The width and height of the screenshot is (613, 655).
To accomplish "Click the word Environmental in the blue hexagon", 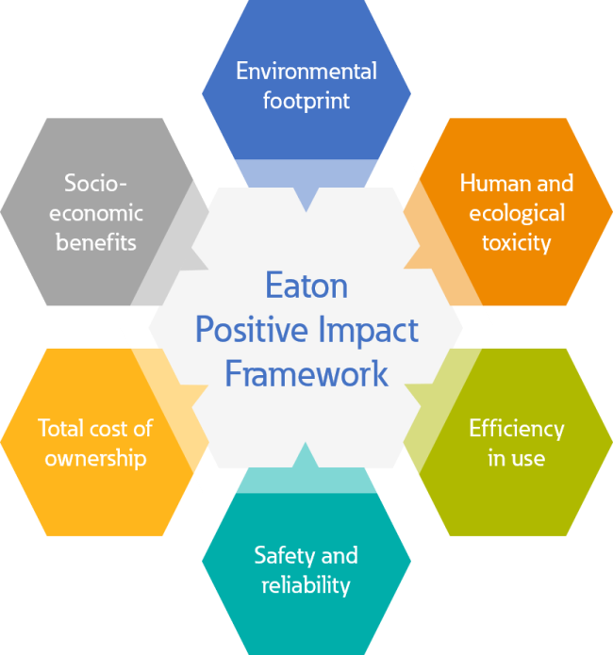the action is click(x=306, y=71).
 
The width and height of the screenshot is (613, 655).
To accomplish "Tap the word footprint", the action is click(x=306, y=102).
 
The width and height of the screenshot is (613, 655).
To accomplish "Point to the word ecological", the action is click(x=517, y=214).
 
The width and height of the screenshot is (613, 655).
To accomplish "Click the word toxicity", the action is click(x=517, y=243).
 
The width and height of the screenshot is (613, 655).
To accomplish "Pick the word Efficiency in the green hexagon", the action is click(x=517, y=429).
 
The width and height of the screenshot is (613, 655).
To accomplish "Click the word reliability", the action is click(x=306, y=585).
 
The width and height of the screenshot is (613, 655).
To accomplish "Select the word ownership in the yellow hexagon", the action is click(x=96, y=459).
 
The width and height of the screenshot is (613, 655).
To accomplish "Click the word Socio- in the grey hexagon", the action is click(x=96, y=183).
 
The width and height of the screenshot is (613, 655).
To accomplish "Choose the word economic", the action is click(x=96, y=213).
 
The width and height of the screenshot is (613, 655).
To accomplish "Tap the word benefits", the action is click(x=96, y=242).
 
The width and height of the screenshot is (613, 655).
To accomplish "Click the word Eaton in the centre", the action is click(x=306, y=286).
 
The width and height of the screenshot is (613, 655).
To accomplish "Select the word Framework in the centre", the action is click(x=306, y=374).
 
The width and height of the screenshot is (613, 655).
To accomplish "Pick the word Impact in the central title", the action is click(x=368, y=330).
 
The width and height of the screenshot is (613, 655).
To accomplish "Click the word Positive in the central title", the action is click(x=252, y=329).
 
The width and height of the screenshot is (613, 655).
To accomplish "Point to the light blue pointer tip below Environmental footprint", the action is click(x=306, y=211).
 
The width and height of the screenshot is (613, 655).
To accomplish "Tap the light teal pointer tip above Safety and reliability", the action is click(x=306, y=444).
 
